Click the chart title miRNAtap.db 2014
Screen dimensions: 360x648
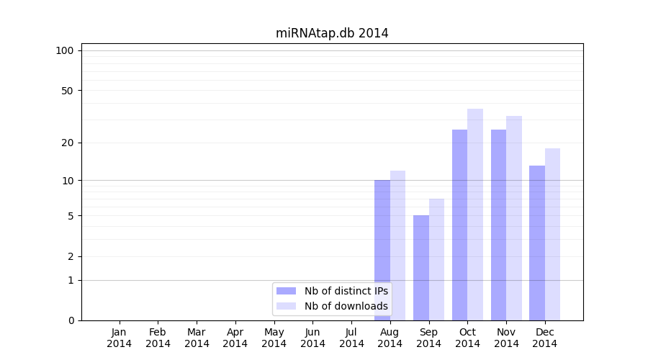332,33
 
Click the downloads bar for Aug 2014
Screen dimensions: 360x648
397,246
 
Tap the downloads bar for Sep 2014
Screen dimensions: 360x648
436,259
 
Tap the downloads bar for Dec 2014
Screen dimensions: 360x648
552,234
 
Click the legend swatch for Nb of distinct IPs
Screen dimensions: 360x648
287,291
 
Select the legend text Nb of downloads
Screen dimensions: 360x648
346,306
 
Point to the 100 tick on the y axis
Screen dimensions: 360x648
65,50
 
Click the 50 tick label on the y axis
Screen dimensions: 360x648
68,91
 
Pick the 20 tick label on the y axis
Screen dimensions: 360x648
68,143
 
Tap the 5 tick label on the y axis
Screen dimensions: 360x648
71,216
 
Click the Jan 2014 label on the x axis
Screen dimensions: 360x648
120,338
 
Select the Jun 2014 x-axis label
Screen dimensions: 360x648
312,338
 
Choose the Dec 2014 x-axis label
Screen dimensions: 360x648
545,338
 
